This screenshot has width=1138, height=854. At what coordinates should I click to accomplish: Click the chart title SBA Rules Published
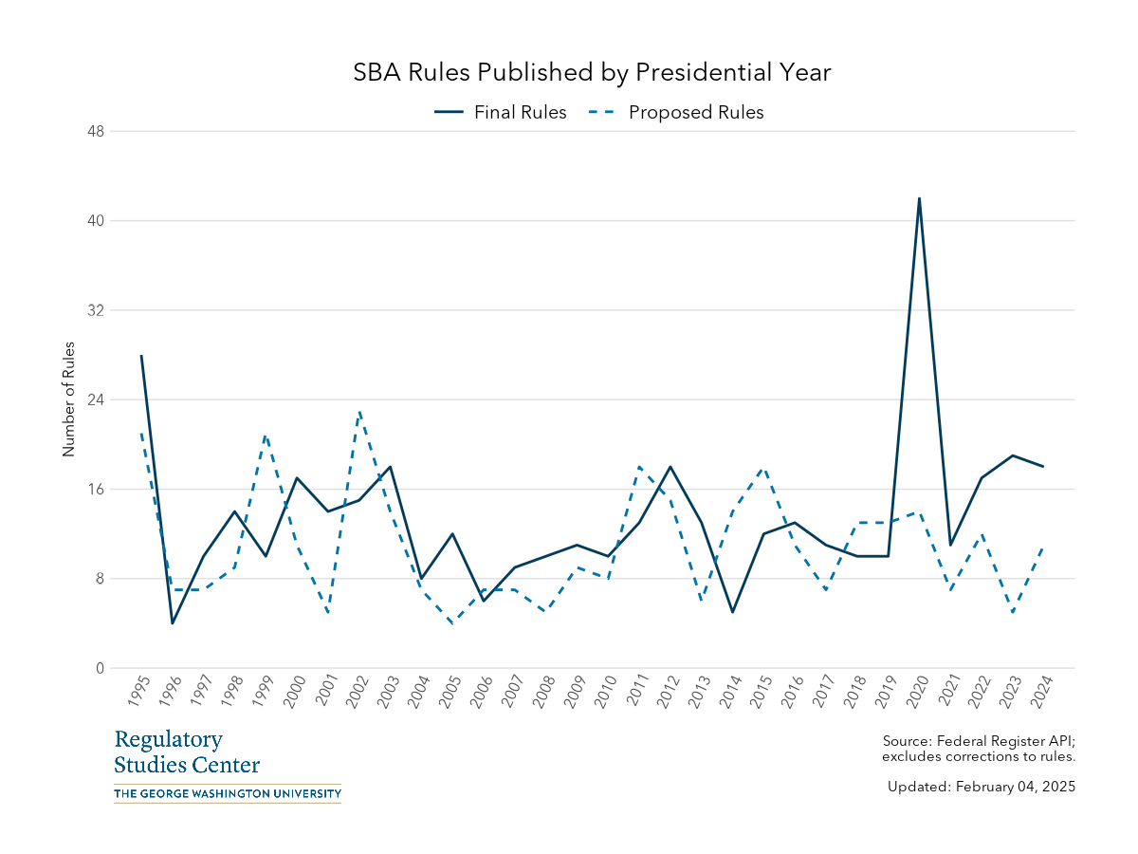[x=592, y=73]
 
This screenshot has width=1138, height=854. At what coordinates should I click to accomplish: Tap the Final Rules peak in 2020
[x=919, y=198]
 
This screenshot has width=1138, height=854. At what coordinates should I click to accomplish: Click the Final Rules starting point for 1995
[x=141, y=356]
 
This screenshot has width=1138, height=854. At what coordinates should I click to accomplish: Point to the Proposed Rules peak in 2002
[x=359, y=411]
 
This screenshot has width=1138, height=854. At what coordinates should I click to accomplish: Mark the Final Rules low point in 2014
[x=732, y=612]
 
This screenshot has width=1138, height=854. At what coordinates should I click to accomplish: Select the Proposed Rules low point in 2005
[x=452, y=623]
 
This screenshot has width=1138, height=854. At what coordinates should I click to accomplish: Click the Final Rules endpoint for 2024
[x=1043, y=467]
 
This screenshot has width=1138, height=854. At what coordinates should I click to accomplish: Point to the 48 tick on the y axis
[x=95, y=131]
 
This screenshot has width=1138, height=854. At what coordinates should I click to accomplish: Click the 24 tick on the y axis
[x=95, y=399]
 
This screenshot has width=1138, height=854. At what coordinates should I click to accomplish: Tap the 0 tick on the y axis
[x=99, y=668]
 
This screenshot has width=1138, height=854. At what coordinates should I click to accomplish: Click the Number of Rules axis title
[x=68, y=399]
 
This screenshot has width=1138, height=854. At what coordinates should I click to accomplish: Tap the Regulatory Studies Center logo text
[x=187, y=752]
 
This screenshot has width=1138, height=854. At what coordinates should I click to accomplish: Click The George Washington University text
[x=228, y=793]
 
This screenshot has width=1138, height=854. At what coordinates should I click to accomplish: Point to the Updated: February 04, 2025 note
[x=981, y=787]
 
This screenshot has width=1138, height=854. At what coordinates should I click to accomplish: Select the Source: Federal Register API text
[x=978, y=740]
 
